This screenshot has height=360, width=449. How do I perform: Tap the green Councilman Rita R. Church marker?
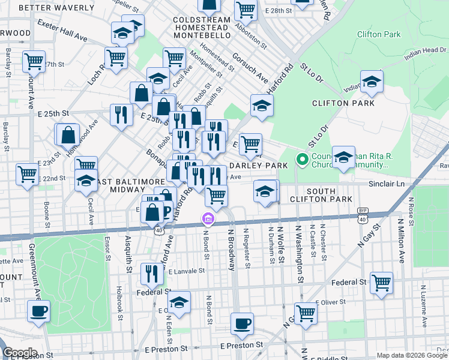(303, 160)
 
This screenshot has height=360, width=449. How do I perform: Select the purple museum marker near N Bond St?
(208, 220)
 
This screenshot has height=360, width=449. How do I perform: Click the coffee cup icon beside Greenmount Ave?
(39, 311)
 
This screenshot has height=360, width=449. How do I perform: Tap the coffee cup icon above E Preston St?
(243, 324)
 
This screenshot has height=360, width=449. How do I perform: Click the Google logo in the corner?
(20, 352)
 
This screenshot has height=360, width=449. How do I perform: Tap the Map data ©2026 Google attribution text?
(412, 355)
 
